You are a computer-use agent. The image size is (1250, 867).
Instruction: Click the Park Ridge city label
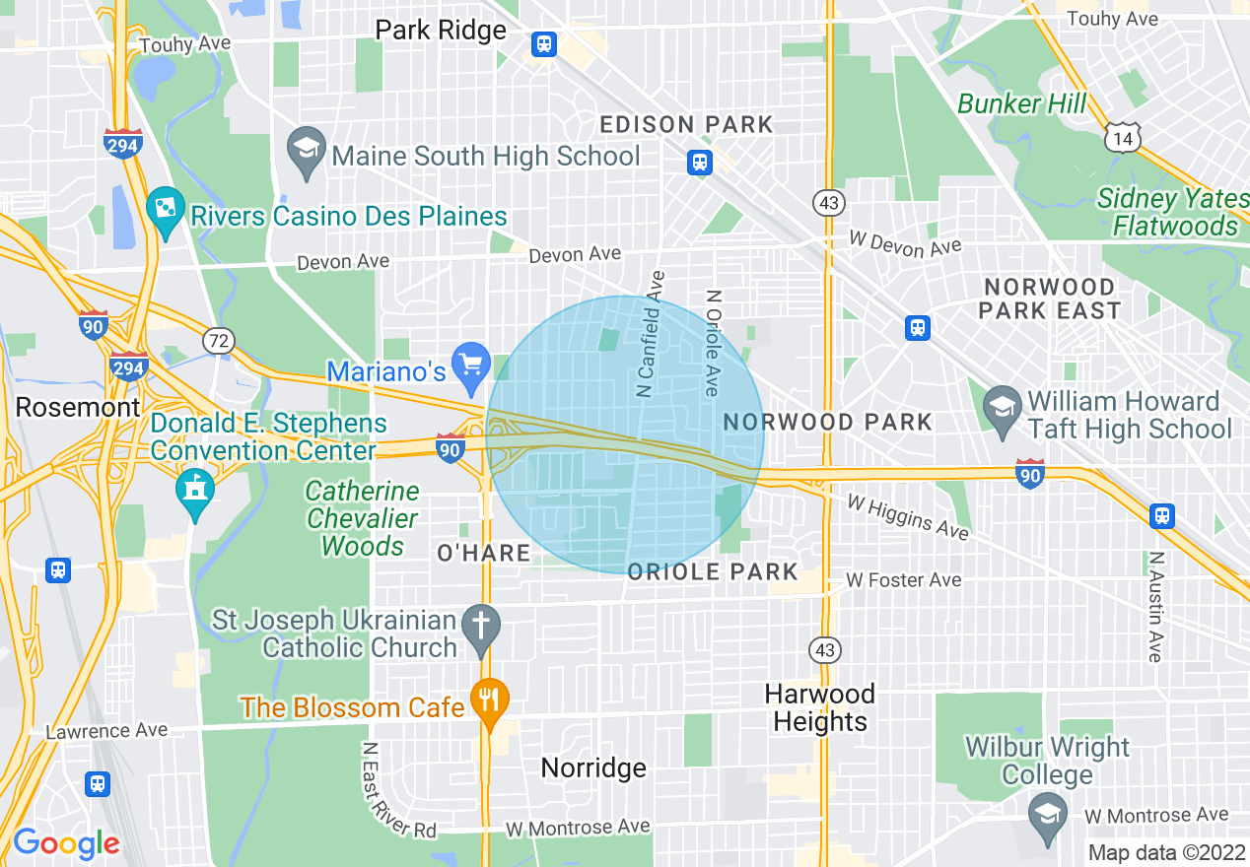click(x=441, y=31)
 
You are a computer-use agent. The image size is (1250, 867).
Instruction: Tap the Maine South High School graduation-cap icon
click(x=307, y=150)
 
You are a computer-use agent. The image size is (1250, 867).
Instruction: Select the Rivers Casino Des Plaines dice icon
click(x=165, y=209)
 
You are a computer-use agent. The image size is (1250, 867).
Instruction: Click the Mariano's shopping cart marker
click(x=471, y=365)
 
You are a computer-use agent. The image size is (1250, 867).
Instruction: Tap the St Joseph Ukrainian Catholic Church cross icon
click(x=481, y=628)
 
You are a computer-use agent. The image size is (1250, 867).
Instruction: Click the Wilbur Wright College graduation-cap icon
click(x=1047, y=815)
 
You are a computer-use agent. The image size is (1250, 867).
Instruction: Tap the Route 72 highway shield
click(x=218, y=341)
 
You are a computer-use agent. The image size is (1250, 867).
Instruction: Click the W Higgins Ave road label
click(x=907, y=516)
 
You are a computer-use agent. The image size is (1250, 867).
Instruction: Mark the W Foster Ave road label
click(x=903, y=580)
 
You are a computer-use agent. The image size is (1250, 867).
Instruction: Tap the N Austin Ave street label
click(x=1154, y=605)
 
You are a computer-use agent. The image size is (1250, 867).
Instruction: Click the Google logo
click(x=66, y=843)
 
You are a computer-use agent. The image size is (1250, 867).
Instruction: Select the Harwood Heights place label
click(x=819, y=707)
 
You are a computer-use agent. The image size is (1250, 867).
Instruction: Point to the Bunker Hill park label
click(x=1022, y=103)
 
